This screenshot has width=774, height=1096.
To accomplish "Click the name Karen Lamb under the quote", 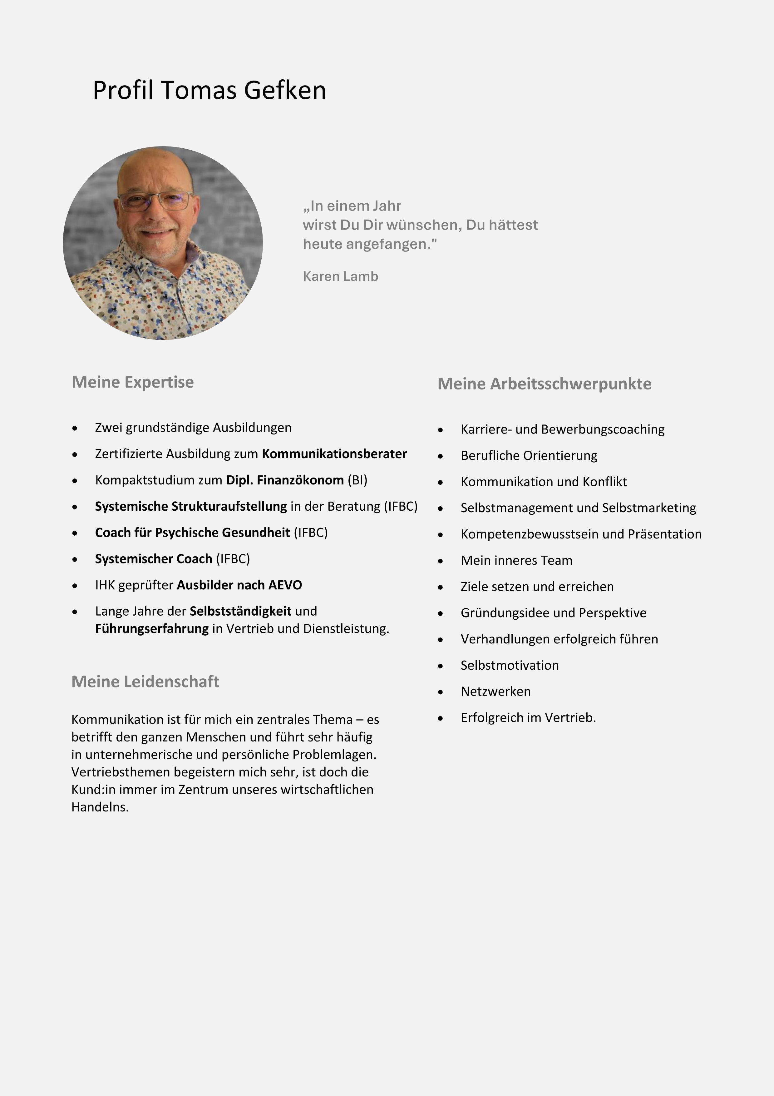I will tap(340, 276).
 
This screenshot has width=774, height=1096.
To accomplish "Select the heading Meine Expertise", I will tap(133, 382).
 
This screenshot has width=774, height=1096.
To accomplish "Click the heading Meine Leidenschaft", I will tap(145, 681).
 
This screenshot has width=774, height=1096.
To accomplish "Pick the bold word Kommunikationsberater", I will tap(334, 454).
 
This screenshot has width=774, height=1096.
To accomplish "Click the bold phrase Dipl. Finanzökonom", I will tap(284, 480).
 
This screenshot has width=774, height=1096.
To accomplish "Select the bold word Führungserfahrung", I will tap(152, 629).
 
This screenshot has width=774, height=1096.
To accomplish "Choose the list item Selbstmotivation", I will tap(509, 665).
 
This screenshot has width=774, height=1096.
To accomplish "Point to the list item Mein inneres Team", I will tap(516, 560).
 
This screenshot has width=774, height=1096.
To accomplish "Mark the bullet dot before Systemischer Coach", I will tap(75, 559).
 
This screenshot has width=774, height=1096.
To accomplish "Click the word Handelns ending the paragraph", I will tap(100, 807).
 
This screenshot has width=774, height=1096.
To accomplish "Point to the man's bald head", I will tap(155, 165).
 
